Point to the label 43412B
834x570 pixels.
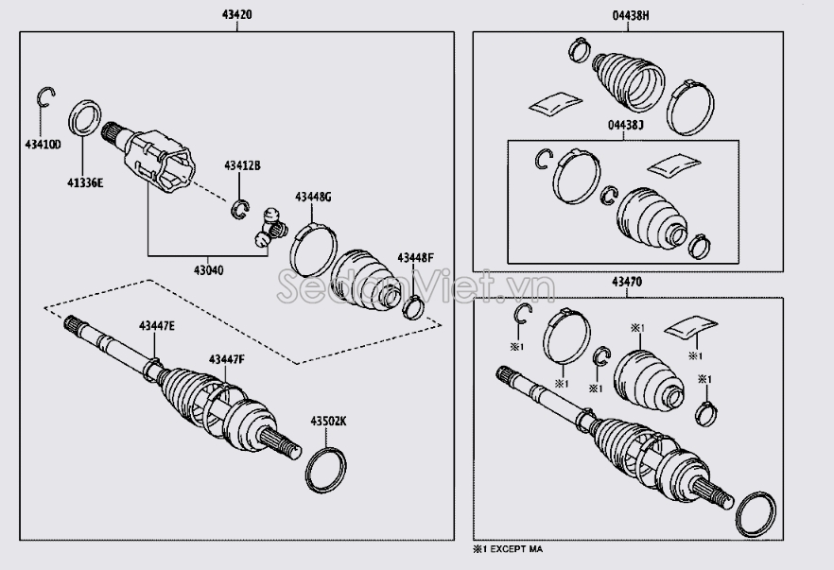(242, 165)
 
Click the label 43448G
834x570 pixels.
(313, 197)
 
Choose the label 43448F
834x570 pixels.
(415, 257)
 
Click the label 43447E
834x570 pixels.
(158, 325)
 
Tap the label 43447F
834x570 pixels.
(227, 358)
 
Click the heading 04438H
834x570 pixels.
(628, 17)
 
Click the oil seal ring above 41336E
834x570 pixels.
(86, 121)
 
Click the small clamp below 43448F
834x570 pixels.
(413, 306)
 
